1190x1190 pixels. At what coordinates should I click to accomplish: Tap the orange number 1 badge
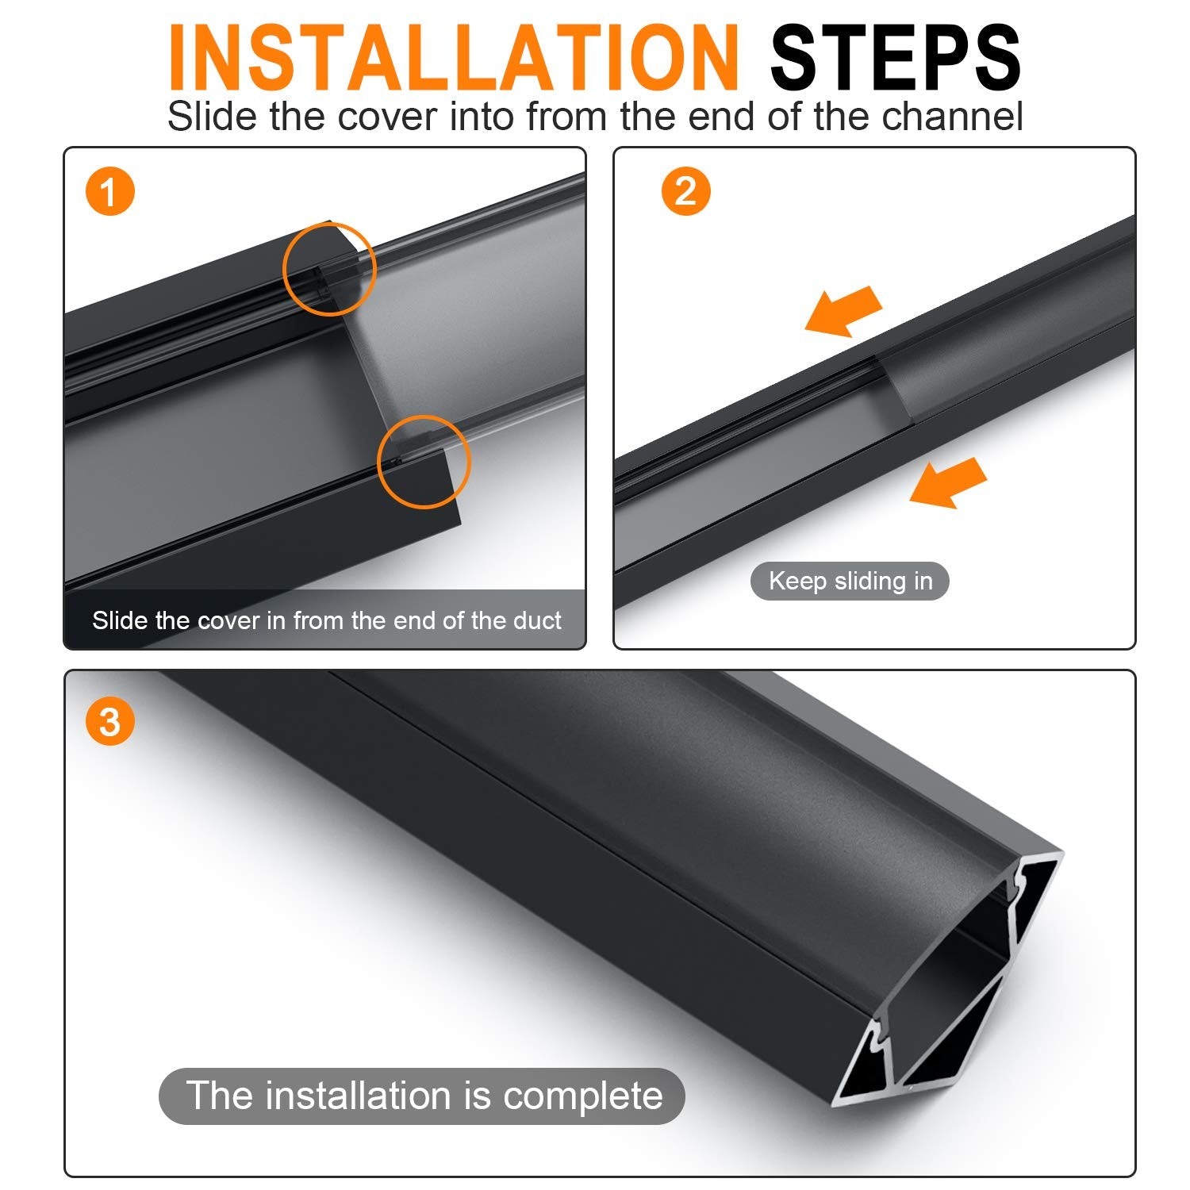point(109,192)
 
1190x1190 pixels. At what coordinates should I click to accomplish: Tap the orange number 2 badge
point(685,192)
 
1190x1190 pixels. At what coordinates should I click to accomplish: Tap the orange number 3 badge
point(109,722)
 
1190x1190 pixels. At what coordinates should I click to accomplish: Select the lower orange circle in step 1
point(379,462)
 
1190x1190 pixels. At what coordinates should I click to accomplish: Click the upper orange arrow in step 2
point(843,310)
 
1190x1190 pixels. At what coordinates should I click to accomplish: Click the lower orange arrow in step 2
point(948,482)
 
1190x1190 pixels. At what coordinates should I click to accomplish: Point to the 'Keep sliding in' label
point(850,582)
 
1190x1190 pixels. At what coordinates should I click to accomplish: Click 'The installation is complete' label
point(422,1096)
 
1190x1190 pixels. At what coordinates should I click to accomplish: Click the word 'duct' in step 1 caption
point(536,620)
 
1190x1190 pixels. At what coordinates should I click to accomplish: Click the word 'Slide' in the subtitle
point(213,116)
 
